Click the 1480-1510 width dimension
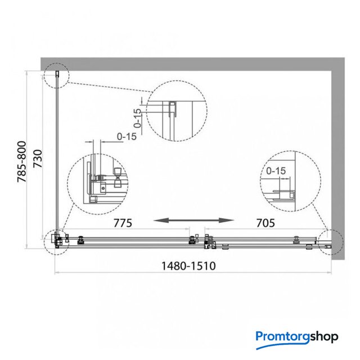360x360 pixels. [188, 266]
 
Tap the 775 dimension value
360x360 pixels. [123, 223]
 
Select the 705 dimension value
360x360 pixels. [265, 223]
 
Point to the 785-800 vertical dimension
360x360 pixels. [22, 161]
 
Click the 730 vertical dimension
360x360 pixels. [38, 159]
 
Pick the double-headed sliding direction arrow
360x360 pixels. [193, 220]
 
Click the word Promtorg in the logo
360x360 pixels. [282, 337]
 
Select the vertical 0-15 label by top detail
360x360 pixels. [137, 118]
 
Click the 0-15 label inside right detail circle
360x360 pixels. [276, 171]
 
